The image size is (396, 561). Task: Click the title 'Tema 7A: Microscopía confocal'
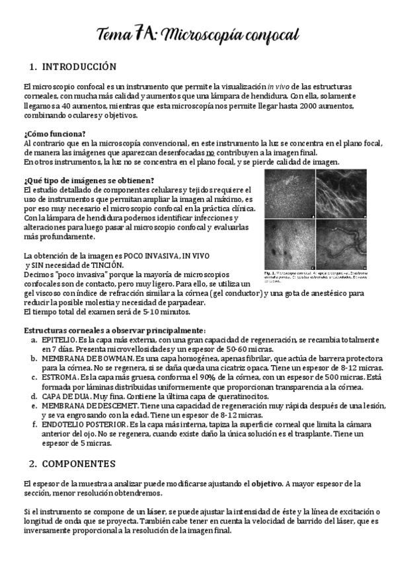tap(198, 34)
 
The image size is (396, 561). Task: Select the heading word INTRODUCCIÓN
tap(79, 67)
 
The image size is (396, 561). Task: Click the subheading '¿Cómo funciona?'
tap(54, 133)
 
